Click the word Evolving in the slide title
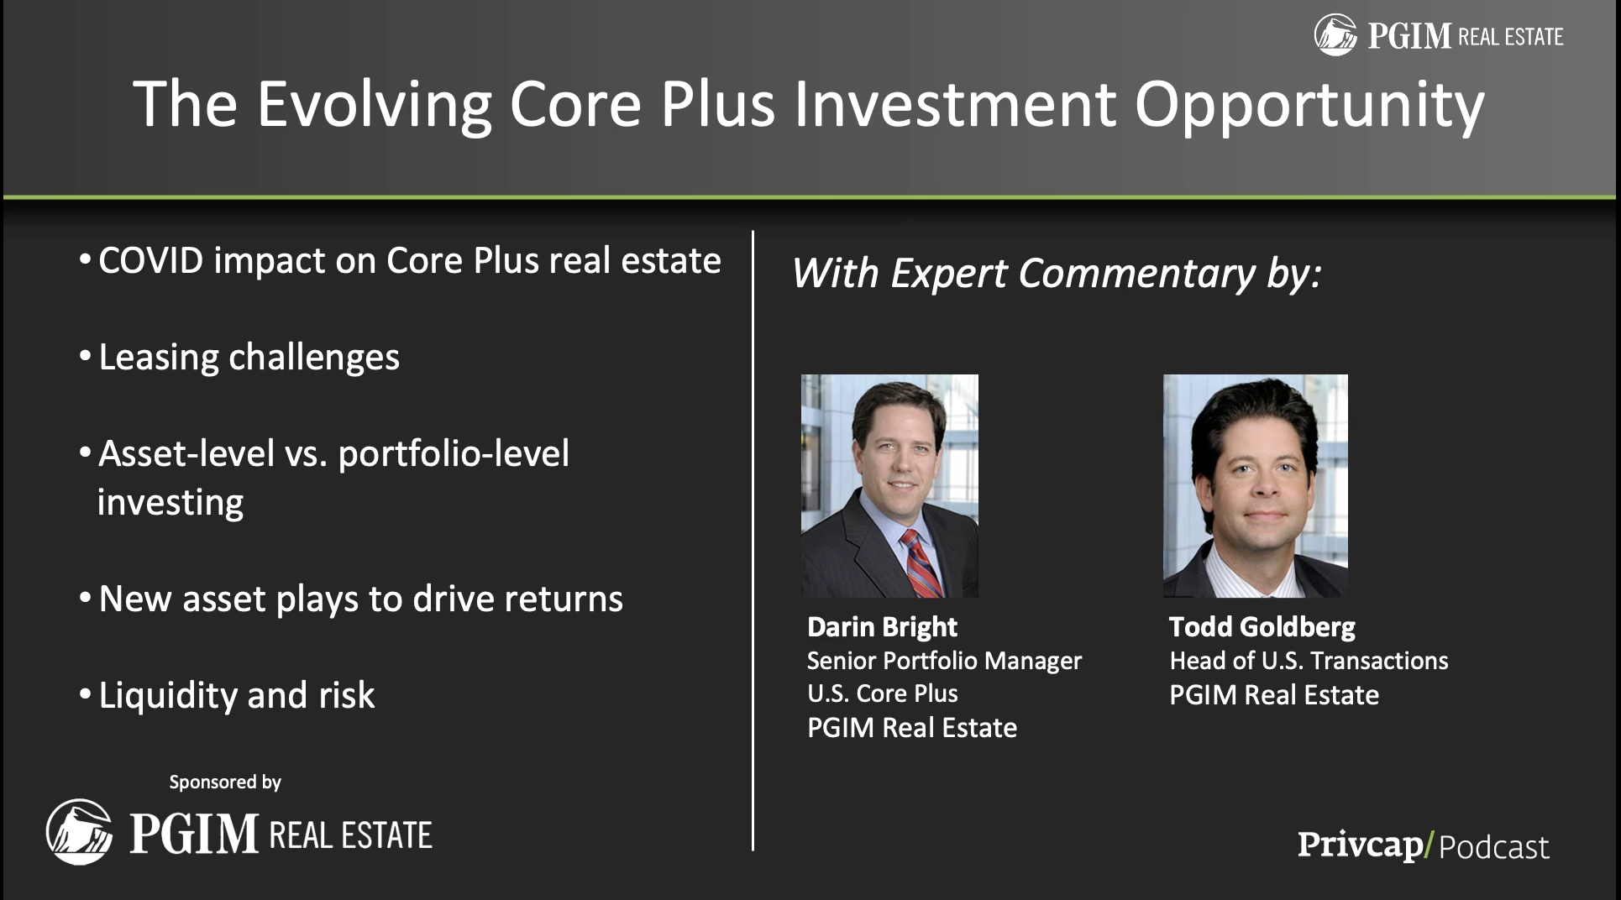(375, 106)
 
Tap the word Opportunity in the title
(1309, 106)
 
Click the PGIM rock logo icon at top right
(1335, 35)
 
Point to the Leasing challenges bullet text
(249, 358)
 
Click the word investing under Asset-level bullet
(170, 503)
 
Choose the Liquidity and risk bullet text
(237, 696)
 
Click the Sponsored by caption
(225, 782)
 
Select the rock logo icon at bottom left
(80, 832)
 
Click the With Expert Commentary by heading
(1057, 274)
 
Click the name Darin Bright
(882, 627)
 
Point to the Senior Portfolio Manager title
(944, 662)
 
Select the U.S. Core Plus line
(882, 693)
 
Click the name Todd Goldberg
(1262, 627)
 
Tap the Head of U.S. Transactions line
(1309, 661)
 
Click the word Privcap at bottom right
(1360, 845)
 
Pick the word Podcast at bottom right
(1493, 848)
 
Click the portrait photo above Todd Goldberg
(1256, 486)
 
